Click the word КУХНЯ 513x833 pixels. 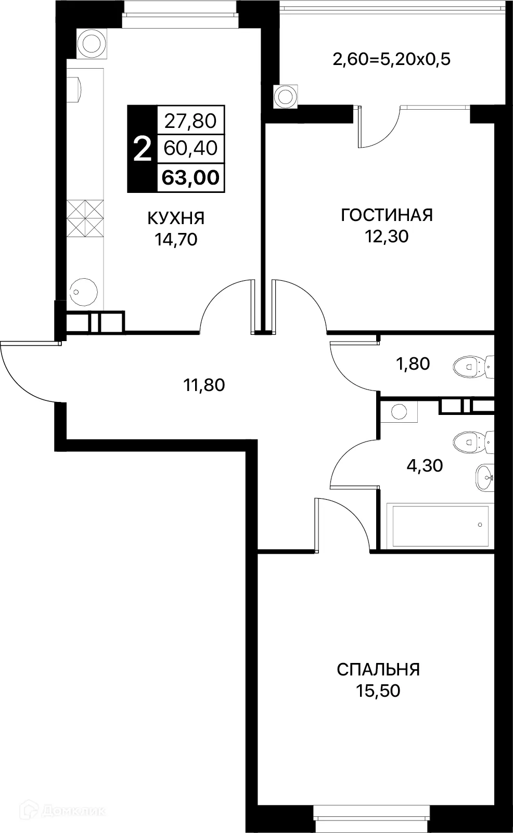pyautogui.click(x=176, y=218)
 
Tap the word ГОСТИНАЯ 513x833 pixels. pyautogui.click(x=387, y=215)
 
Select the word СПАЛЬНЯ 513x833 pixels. pyautogui.click(x=378, y=669)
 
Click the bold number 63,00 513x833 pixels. pyautogui.click(x=190, y=178)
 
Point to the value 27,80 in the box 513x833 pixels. pyautogui.click(x=190, y=121)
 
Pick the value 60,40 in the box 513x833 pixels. pyautogui.click(x=190, y=149)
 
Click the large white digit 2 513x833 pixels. pyautogui.click(x=142, y=149)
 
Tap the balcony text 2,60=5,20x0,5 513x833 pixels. pyautogui.click(x=391, y=59)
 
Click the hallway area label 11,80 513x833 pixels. pyautogui.click(x=203, y=385)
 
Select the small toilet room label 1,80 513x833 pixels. pyautogui.click(x=413, y=364)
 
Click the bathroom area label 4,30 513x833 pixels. pyautogui.click(x=425, y=465)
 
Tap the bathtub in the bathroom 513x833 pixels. pyautogui.click(x=440, y=525)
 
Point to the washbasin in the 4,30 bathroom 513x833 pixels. pyautogui.click(x=484, y=476)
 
